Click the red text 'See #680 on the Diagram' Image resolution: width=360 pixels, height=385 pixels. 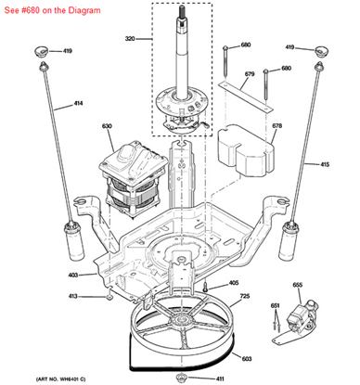(52, 10)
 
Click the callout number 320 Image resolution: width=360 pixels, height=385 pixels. (130, 39)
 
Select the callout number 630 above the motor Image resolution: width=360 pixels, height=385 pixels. (107, 126)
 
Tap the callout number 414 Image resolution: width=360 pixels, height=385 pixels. (78, 103)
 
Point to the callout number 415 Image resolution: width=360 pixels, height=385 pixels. (325, 164)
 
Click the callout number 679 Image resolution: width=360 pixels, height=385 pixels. (250, 74)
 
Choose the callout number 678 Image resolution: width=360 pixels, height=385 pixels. (276, 126)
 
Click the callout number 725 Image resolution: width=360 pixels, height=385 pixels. (245, 296)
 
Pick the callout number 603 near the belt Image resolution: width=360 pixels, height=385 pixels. (247, 359)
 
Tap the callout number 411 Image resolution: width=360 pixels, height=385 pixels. (220, 379)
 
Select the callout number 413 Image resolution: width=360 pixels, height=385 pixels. (72, 296)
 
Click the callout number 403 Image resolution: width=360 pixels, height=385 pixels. (73, 275)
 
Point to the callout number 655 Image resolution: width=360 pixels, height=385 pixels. (297, 285)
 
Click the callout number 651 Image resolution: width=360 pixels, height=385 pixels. (275, 306)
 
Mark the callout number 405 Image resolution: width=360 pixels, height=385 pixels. (234, 283)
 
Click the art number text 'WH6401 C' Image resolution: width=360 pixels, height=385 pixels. (73, 379)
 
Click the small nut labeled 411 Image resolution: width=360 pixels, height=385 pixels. (181, 378)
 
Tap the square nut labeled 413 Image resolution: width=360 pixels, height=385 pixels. (109, 298)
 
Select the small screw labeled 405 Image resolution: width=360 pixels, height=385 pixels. (205, 287)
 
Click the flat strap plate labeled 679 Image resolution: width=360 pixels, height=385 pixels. (245, 96)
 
